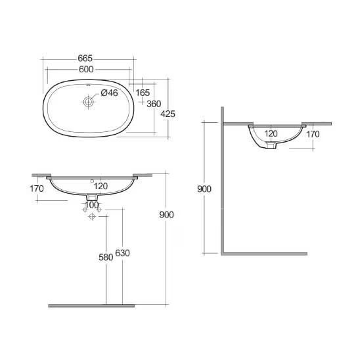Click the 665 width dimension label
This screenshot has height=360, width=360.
85,58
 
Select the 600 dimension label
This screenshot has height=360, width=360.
86,69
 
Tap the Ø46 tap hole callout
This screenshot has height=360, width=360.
109,93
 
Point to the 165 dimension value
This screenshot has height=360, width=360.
143,93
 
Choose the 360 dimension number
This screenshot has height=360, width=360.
154,104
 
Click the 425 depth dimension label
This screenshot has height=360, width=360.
168,114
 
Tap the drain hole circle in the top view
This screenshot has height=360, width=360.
88,101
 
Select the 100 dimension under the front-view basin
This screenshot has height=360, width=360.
92,205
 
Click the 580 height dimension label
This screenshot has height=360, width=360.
106,258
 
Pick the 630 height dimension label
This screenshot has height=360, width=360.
122,253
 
